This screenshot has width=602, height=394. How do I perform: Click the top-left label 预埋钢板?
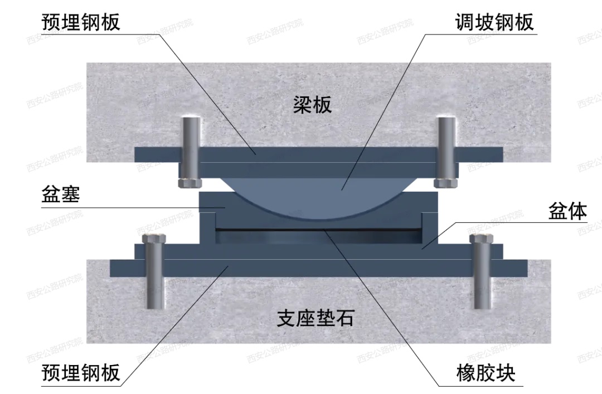81,22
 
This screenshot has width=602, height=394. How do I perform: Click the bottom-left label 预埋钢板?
81,372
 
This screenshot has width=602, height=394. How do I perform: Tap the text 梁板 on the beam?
312,104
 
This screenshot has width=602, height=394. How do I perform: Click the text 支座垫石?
315,319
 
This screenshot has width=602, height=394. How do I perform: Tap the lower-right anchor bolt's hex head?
480,239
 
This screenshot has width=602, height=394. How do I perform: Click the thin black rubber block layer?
318,229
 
